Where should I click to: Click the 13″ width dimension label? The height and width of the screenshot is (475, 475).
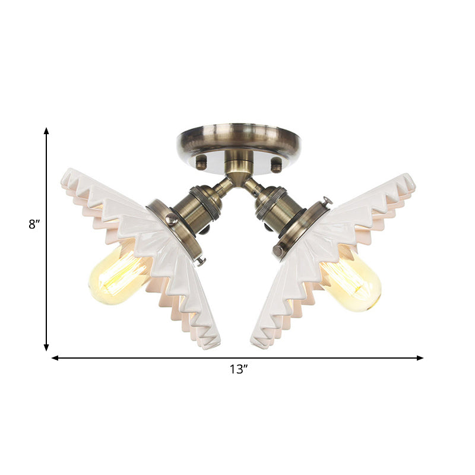(238, 369)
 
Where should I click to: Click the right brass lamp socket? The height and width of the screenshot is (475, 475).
(275, 208)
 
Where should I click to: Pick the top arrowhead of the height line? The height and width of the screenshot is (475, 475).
(46, 131)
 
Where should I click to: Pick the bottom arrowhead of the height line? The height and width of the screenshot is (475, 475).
(46, 347)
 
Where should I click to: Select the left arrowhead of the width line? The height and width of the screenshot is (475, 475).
(55, 358)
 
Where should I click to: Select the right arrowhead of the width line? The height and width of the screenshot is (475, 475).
(420, 358)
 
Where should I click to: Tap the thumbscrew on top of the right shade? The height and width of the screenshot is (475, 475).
(326, 202)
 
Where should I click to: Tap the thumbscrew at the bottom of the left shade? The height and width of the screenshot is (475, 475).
(200, 260)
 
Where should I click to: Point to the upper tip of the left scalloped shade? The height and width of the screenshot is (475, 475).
(66, 173)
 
